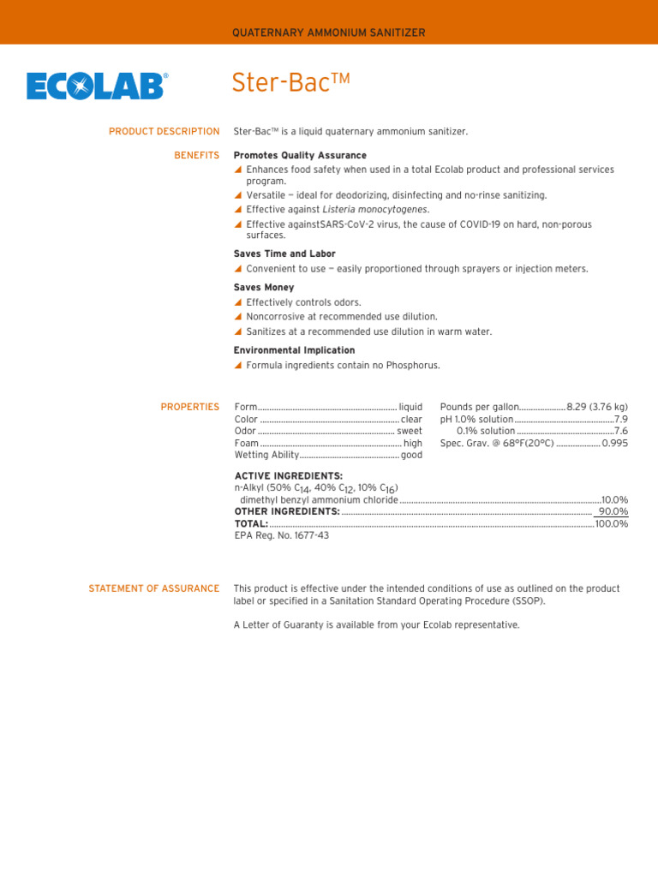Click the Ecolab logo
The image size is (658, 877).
tap(97, 86)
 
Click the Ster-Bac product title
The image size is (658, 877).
tap(291, 83)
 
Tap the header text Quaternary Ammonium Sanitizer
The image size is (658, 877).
tap(329, 33)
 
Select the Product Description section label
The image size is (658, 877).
tap(164, 131)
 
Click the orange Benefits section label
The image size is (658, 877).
tap(196, 155)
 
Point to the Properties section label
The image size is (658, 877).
tap(189, 407)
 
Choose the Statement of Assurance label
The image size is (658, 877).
tap(154, 588)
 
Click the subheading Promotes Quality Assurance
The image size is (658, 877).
tap(300, 155)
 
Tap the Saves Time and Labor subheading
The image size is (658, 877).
tap(284, 254)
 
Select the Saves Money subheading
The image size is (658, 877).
tap(264, 288)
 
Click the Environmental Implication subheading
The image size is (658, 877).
tap(294, 350)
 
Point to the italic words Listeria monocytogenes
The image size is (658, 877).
tap(375, 209)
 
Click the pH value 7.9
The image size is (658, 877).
tap(621, 419)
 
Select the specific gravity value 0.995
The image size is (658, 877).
tap(615, 444)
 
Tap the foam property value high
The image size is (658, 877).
tap(413, 444)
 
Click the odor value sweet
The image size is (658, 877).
tap(410, 432)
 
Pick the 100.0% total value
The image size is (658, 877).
tap(612, 523)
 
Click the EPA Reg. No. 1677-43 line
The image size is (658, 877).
tap(281, 535)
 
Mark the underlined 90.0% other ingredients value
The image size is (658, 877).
tap(613, 511)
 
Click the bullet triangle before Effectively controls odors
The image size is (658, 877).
tap(238, 302)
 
